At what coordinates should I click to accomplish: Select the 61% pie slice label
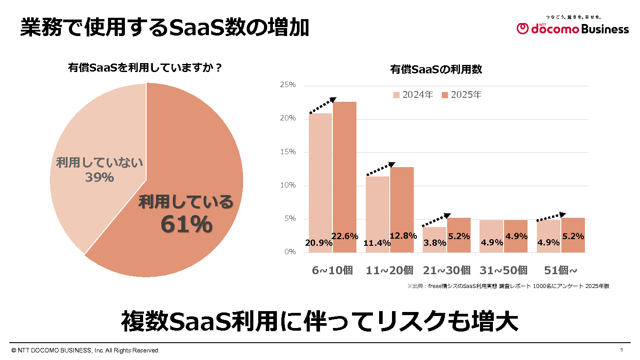pyautogui.click(x=186, y=224)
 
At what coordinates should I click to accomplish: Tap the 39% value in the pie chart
pyautogui.click(x=99, y=177)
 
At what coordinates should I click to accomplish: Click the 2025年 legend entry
pyautogui.click(x=461, y=95)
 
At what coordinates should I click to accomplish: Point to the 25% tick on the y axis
pyautogui.click(x=287, y=85)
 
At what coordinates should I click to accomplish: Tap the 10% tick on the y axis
pyautogui.click(x=287, y=185)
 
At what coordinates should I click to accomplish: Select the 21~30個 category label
pyautogui.click(x=446, y=270)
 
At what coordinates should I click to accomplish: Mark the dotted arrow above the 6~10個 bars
pyautogui.click(x=322, y=105)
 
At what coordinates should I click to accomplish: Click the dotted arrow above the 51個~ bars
pyautogui.click(x=551, y=217)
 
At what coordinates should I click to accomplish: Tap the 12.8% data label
pyautogui.click(x=403, y=236)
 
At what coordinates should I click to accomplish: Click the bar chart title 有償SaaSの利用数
pyautogui.click(x=436, y=69)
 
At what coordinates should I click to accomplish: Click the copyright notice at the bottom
pyautogui.click(x=85, y=351)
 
